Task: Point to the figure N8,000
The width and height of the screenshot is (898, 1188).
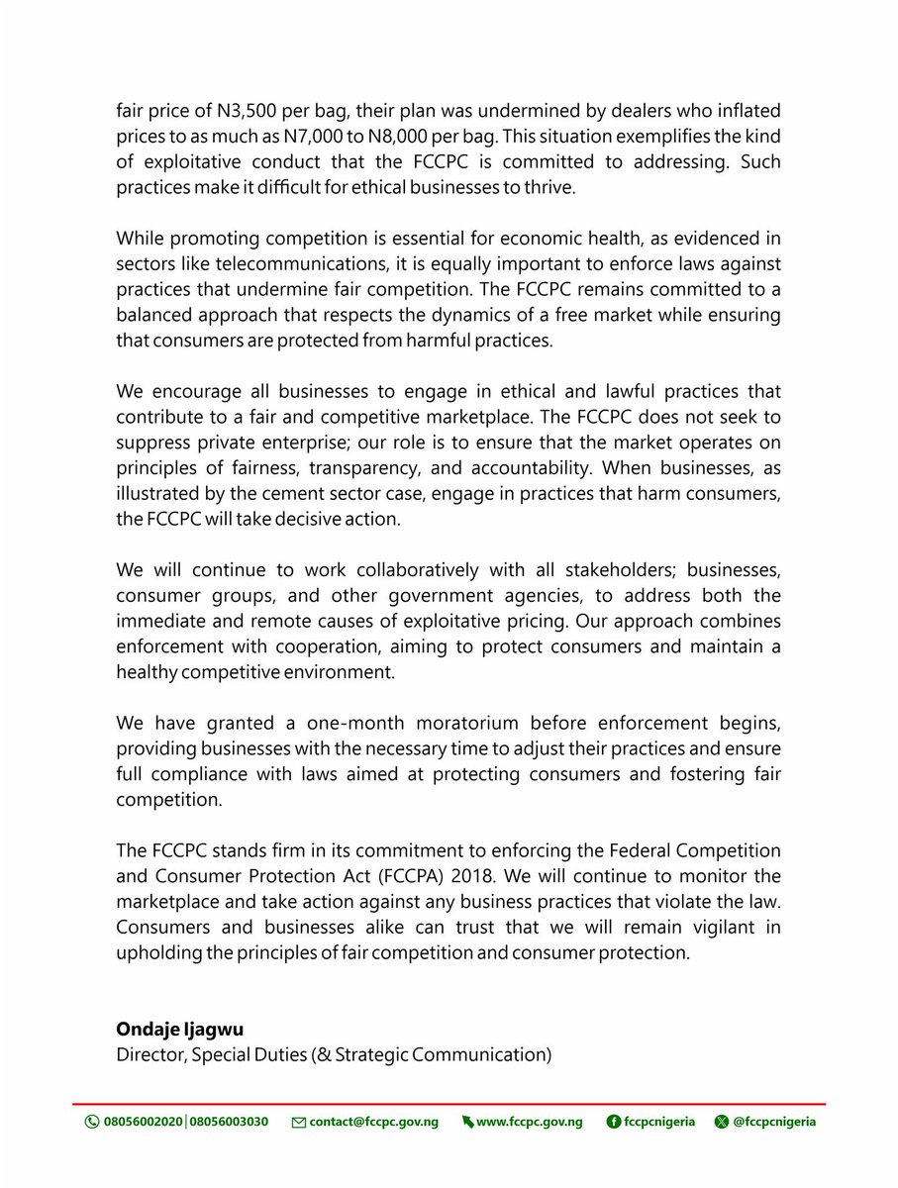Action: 456,136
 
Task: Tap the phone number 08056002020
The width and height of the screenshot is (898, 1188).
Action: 143,1122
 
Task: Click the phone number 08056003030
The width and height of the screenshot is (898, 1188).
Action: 228,1122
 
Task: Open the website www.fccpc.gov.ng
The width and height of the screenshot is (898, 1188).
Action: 529,1122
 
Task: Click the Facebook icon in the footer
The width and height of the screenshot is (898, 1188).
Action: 614,1122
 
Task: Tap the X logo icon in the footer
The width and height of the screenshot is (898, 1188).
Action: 721,1122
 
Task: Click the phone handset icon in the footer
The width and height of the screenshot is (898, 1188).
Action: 92,1122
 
